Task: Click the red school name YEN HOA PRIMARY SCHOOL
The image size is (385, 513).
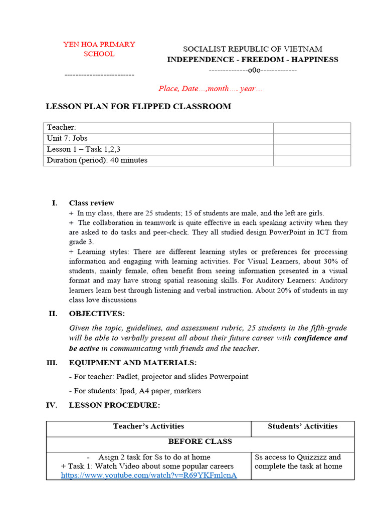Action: [99, 49]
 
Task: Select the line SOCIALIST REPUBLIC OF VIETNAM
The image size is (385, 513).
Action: [252, 49]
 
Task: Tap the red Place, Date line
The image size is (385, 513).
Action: [210, 89]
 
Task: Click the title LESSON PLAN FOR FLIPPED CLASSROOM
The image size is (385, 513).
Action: [138, 106]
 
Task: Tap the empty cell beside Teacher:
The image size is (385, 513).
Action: [311, 128]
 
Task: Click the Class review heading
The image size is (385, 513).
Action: [91, 203]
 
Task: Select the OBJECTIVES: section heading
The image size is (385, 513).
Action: [97, 314]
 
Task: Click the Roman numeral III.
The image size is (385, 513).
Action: [52, 363]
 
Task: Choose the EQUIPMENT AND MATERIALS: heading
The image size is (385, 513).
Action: [132, 363]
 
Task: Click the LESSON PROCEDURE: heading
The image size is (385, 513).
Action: [114, 405]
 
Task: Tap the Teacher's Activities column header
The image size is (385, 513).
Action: [148, 426]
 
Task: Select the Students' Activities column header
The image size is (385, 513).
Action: [302, 426]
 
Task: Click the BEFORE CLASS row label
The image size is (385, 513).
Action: [200, 441]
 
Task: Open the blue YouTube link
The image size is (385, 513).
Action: [149, 475]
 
